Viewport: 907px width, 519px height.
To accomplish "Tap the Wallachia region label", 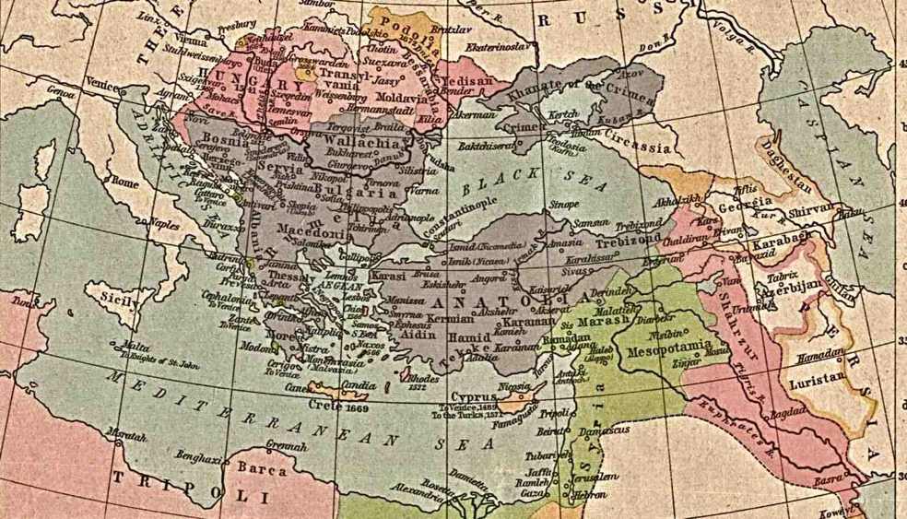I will pyautogui.click(x=360, y=145).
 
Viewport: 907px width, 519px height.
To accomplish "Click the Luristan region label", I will pyautogui.click(x=817, y=378).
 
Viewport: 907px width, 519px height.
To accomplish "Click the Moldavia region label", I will pyautogui.click(x=399, y=96).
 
